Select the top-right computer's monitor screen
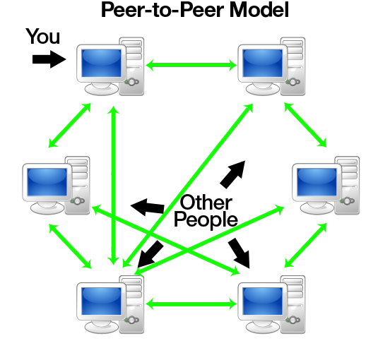click(x=261, y=64)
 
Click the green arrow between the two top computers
click(x=191, y=66)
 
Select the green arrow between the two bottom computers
click(x=191, y=305)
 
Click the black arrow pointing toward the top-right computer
click(x=232, y=174)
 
